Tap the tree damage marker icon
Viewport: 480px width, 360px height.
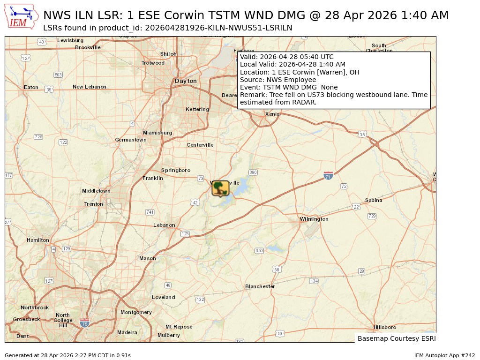pyautogui.click(x=220, y=188)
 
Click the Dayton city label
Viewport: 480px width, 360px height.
pyautogui.click(x=186, y=81)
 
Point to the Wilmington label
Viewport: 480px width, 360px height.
pyautogui.click(x=314, y=219)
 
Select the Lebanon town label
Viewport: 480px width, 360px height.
pyautogui.click(x=164, y=225)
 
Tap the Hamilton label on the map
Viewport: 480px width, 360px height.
pyautogui.click(x=37, y=240)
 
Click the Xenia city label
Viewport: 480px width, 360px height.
pyautogui.click(x=272, y=114)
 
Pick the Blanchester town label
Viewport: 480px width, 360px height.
pyautogui.click(x=260, y=286)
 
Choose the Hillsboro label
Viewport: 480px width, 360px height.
pyautogui.click(x=385, y=327)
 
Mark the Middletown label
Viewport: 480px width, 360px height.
pyautogui.click(x=96, y=191)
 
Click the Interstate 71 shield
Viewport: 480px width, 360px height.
pyautogui.click(x=328, y=175)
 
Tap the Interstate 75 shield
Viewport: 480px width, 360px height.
pyautogui.click(x=84, y=323)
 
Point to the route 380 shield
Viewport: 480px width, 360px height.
pyautogui.click(x=253, y=172)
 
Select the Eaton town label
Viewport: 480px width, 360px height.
pyautogui.click(x=31, y=87)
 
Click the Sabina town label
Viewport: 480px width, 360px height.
pyautogui.click(x=374, y=200)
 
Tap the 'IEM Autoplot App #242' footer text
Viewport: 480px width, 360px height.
pyautogui.click(x=444, y=355)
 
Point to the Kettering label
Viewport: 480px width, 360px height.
pyautogui.click(x=197, y=109)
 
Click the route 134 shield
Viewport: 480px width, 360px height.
pyautogui.click(x=314, y=281)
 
